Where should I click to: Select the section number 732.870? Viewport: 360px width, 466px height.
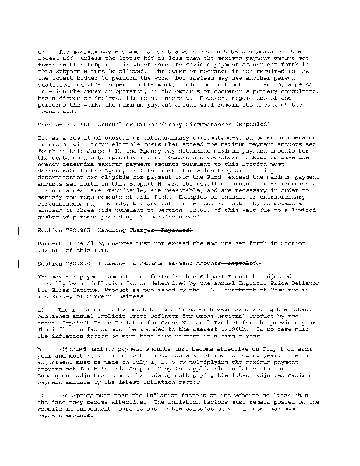click(74, 263)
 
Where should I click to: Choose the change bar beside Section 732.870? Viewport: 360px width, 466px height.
click(20, 263)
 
